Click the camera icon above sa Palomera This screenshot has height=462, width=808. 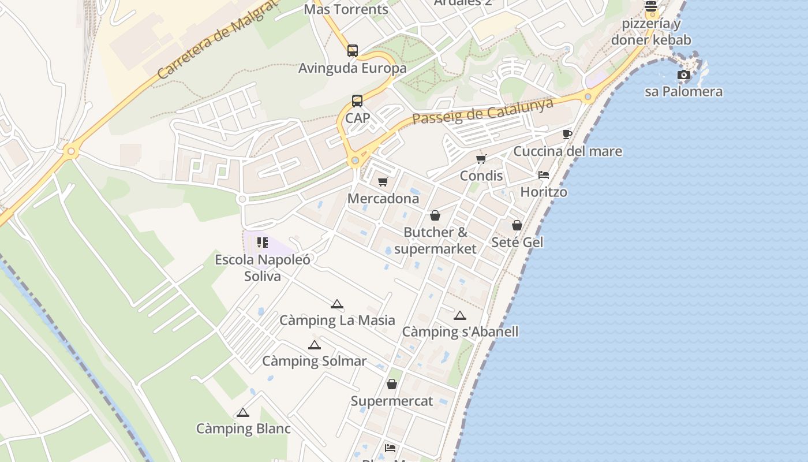683,75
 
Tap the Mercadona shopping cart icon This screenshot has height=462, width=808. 383,182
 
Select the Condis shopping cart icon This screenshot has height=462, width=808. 481,159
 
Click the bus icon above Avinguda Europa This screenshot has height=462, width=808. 353,51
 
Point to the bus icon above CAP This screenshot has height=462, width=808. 357,101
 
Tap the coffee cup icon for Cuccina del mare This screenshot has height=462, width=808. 567,135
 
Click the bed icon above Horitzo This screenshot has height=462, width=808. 544,175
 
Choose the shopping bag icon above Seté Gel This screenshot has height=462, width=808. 517,225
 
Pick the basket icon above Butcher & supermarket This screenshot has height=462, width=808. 435,215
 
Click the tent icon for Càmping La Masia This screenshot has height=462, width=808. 337,304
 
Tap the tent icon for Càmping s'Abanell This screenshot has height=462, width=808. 459,315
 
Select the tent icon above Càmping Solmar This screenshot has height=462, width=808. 314,345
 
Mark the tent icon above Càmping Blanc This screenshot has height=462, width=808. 243,412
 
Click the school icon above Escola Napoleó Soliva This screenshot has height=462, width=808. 263,243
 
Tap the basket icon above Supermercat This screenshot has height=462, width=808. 392,384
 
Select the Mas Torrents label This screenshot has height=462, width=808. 346,9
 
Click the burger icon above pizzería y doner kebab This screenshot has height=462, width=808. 651,6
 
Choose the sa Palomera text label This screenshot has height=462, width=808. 683,92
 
